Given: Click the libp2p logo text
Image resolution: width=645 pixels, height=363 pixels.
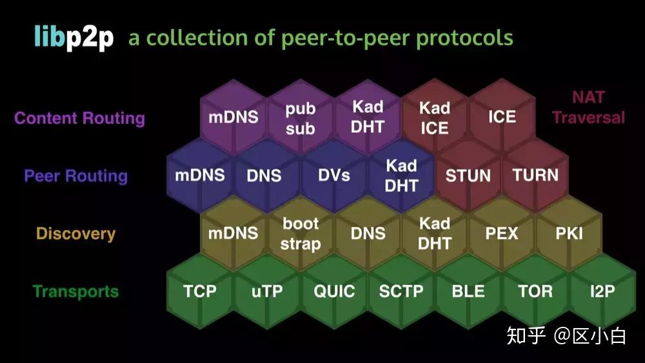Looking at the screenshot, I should pos(74,38).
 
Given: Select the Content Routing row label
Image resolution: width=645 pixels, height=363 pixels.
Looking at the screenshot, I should pos(79,118).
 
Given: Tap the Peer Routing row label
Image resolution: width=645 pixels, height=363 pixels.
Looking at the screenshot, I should pos(75,176).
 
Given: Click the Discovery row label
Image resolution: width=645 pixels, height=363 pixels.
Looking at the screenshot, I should pos(75,234).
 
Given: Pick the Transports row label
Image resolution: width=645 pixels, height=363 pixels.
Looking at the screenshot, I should pos(75,291).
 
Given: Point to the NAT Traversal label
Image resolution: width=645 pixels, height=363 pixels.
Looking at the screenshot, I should pos(588,107).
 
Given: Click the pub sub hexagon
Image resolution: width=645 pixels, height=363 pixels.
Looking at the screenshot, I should pos(301,118).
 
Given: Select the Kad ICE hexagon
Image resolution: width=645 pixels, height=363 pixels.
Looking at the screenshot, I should pos(435,118).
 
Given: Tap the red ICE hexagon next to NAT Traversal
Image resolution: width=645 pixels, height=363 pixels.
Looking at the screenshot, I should pos(502,117).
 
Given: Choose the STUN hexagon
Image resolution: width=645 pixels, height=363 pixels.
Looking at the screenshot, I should pos(468,175).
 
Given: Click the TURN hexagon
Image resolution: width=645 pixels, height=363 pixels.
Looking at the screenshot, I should pos(535,175).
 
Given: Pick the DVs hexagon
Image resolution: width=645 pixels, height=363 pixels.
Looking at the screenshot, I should pos(334,175).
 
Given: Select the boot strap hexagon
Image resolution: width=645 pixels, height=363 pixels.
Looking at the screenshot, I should pos(301,233).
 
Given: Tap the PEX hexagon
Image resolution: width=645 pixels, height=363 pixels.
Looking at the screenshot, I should pos(502,233).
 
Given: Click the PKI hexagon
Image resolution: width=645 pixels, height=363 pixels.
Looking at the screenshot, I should pos(569,233).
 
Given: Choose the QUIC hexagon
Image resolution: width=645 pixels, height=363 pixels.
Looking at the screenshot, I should pos(334,291).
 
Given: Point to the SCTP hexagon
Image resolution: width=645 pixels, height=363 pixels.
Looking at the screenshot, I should pos(401,291).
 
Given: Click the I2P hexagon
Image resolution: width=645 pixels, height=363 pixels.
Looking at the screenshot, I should pos(602,291).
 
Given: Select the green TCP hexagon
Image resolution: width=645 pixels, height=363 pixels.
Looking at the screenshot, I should pos(200,291).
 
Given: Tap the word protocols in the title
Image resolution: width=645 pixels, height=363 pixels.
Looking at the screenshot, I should pos(464,38).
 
